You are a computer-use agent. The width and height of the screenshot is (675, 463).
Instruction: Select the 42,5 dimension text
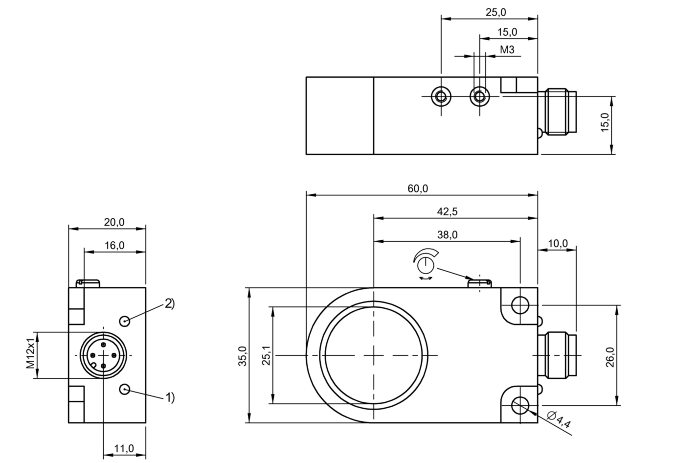click(447, 211)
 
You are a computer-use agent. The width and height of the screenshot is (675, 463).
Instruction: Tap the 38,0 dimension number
click(447, 235)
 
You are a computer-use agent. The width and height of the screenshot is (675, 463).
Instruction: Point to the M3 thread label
click(507, 49)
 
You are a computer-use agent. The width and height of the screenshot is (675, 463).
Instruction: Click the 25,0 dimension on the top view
click(495, 13)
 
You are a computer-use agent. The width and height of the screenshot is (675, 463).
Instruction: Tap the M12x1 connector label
click(30, 355)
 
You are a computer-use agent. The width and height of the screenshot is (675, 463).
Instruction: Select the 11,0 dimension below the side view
click(124, 448)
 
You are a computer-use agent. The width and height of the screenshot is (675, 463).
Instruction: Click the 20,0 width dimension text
click(114, 222)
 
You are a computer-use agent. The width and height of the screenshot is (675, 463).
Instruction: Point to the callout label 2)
click(169, 303)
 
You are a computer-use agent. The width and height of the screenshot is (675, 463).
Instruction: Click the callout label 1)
click(169, 397)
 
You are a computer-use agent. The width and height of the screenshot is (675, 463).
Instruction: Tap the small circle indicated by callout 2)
click(125, 321)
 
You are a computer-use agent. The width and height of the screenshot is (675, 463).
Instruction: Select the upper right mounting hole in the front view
click(520, 305)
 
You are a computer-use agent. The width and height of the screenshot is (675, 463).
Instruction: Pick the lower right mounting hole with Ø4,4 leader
click(520, 405)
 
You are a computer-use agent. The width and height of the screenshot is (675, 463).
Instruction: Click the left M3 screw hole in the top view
click(441, 96)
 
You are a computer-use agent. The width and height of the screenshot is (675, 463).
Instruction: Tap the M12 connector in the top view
click(561, 111)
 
